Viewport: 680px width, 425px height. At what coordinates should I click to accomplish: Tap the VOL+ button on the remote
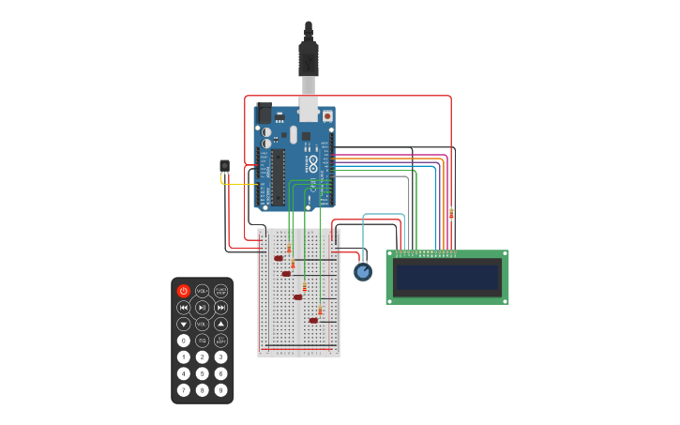pos(202,291)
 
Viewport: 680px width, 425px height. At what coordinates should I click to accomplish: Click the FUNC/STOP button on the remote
pos(220,291)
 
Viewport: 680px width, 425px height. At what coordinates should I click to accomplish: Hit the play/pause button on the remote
pos(202,307)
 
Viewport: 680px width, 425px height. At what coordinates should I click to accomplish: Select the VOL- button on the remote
pos(202,324)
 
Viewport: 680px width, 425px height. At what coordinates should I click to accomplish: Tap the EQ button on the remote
pos(202,341)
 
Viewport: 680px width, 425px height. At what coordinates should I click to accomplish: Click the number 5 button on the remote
pos(202,373)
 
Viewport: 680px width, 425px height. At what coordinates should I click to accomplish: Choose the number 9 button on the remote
pos(220,389)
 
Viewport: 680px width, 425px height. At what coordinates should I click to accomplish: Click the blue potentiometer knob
pos(363,272)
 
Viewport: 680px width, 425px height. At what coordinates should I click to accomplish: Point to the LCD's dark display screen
pos(447,278)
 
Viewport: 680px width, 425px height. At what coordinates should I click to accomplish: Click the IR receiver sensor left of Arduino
pos(224,166)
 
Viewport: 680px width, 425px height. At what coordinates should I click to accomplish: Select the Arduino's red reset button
pos(327,116)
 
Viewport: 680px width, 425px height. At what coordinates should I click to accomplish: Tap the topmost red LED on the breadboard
pos(279,258)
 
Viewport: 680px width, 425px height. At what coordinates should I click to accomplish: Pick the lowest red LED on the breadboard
pos(313,321)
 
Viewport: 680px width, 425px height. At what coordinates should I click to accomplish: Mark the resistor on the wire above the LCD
pos(451,214)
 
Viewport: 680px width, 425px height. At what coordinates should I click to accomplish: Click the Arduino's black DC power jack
pos(264,114)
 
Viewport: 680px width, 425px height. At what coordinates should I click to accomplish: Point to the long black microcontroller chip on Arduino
pos(279,176)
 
